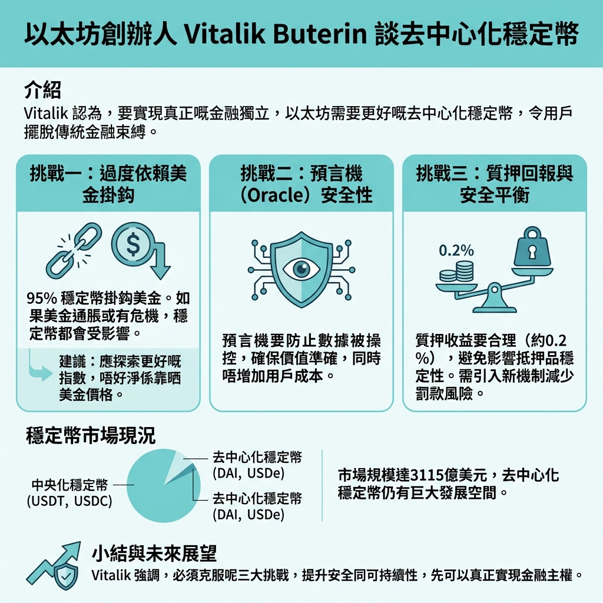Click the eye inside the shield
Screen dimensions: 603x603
301,268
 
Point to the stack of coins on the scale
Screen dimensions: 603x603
457,271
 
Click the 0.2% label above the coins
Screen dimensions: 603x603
456,251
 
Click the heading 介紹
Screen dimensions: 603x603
42,91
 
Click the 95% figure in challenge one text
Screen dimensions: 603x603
42,299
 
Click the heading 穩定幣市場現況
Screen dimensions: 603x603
91,436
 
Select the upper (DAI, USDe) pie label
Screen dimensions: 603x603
249,473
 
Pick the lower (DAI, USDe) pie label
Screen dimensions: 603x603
249,514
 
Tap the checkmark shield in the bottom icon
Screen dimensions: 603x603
66,577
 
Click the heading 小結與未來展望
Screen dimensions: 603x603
154,554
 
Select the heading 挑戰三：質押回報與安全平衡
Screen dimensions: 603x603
495,184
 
